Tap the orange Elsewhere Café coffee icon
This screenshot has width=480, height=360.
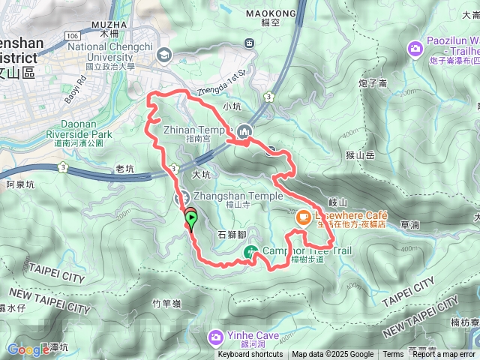coord(303,217)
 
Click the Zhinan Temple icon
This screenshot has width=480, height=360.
coord(243,133)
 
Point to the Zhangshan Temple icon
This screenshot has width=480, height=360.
coord(181,198)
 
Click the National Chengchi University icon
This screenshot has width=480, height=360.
coord(163,53)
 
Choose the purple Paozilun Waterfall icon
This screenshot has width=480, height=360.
coord(415,49)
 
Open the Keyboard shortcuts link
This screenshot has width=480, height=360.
coord(250,355)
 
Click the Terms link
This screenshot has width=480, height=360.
coord(393,355)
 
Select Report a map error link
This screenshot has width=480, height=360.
coord(444,355)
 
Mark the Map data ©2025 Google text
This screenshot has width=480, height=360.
coord(332,355)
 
